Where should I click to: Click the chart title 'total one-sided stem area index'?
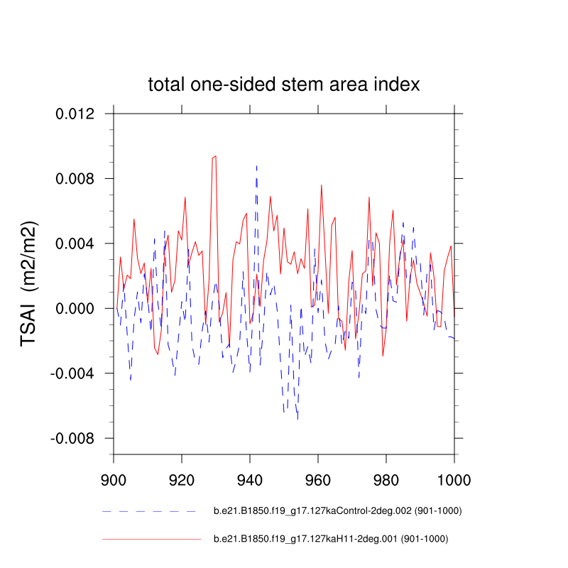click(x=284, y=84)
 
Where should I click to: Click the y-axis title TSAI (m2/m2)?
click(x=29, y=283)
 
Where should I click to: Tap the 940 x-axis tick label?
click(x=250, y=478)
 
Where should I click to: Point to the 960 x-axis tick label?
click(x=318, y=478)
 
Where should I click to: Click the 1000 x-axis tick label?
click(x=454, y=478)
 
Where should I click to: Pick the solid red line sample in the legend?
click(x=151, y=539)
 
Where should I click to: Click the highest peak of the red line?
click(x=215, y=156)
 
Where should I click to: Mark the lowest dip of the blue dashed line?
click(x=297, y=419)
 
